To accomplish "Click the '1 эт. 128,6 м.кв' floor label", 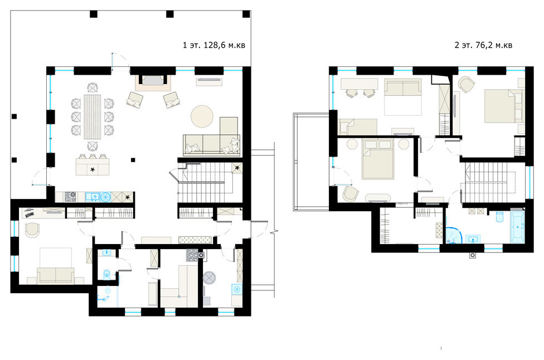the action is click(213, 45).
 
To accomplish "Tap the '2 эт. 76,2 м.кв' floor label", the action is click(483, 45).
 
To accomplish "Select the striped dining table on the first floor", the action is click(93, 116).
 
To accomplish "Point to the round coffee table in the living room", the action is click(202, 116).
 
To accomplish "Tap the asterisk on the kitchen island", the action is click(93, 169).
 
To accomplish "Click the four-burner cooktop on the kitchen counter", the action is click(70, 197).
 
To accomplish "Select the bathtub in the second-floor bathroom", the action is click(517, 227).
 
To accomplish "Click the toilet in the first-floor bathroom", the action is click(106, 274).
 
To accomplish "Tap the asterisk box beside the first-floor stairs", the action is click(237, 168).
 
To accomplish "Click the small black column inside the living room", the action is click(133, 160).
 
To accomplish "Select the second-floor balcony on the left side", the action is click(311, 162).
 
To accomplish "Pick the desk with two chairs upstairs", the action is click(359, 87).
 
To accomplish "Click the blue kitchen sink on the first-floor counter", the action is click(92, 197).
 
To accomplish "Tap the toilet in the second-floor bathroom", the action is click(499, 217).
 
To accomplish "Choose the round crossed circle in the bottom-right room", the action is click(209, 278).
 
